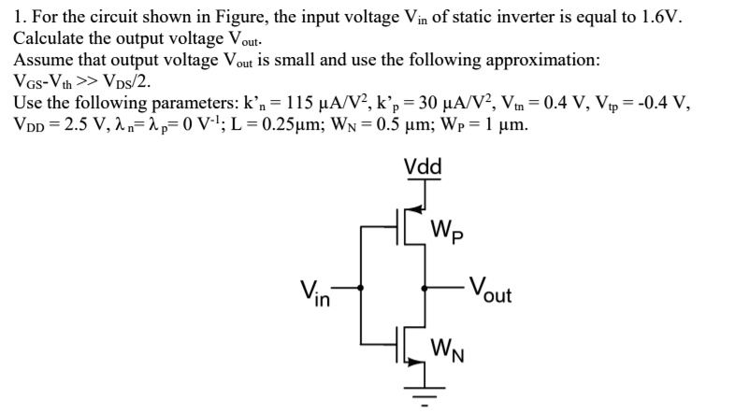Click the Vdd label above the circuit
[x=424, y=167]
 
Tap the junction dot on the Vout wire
[x=425, y=288]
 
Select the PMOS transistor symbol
[x=411, y=225]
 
